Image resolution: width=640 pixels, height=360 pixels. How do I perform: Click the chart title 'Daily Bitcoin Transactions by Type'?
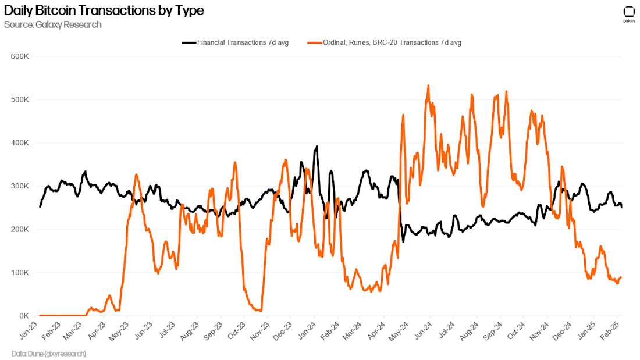point(104,10)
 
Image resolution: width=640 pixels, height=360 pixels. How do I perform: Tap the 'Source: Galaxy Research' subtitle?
point(52,24)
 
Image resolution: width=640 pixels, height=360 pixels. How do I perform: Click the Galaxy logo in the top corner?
point(629,13)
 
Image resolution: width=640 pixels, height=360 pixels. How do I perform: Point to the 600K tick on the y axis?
point(20,56)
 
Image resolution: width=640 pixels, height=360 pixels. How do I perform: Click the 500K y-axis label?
point(20,99)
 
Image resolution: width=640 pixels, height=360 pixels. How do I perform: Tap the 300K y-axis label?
point(20,186)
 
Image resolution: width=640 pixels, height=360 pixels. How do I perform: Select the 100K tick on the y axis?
point(20,272)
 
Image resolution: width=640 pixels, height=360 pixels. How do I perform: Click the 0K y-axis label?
point(24,316)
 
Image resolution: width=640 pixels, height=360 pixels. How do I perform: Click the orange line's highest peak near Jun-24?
point(428,85)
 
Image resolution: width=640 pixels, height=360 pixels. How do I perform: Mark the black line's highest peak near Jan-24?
point(317,147)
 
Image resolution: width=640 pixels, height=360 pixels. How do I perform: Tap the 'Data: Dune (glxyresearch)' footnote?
point(48,353)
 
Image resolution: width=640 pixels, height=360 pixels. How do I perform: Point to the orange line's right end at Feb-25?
point(621,277)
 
